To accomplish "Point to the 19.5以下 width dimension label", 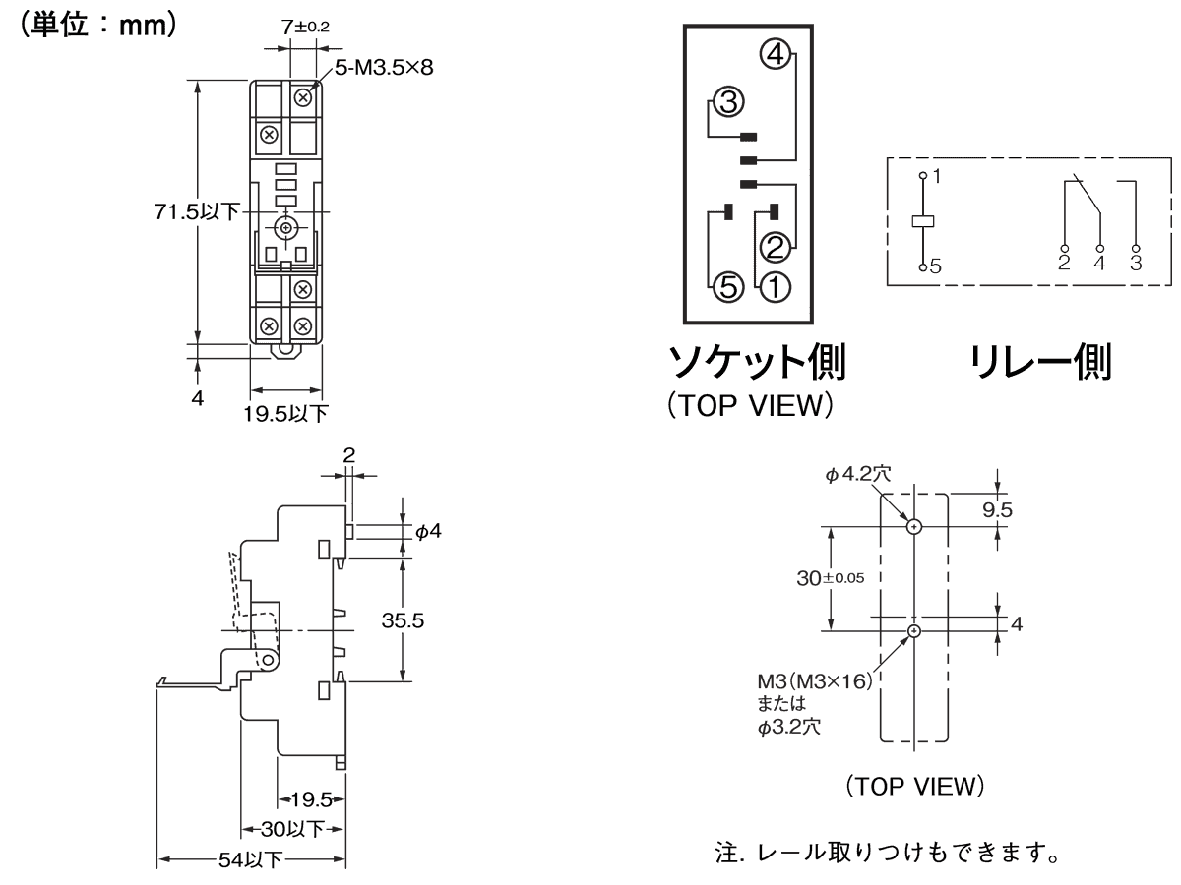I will click(x=286, y=413).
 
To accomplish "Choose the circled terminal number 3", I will click(x=729, y=100).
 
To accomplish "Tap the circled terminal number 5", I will click(x=726, y=286).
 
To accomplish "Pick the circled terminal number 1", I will click(x=774, y=286).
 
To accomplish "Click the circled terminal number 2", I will click(x=774, y=244).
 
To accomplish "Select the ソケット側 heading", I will click(x=756, y=365).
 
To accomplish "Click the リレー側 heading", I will click(x=1040, y=365).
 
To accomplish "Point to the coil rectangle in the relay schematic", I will click(x=922, y=221).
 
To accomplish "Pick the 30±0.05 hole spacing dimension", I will click(x=829, y=577).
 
